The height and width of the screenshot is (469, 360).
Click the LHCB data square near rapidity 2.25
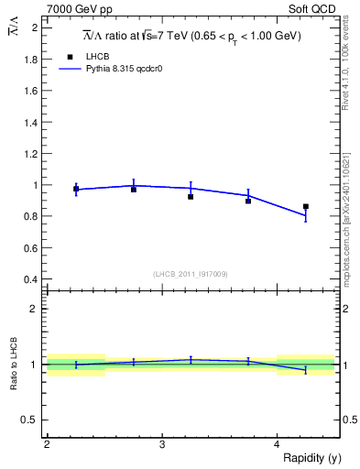(x=76, y=189)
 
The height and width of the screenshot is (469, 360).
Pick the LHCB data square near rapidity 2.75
(x=134, y=190)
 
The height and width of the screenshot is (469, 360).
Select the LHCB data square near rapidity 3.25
(x=191, y=197)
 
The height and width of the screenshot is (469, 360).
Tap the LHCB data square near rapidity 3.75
(x=248, y=201)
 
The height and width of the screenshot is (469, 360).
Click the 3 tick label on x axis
(x=162, y=444)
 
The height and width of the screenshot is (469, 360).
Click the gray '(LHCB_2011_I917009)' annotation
(x=191, y=274)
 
